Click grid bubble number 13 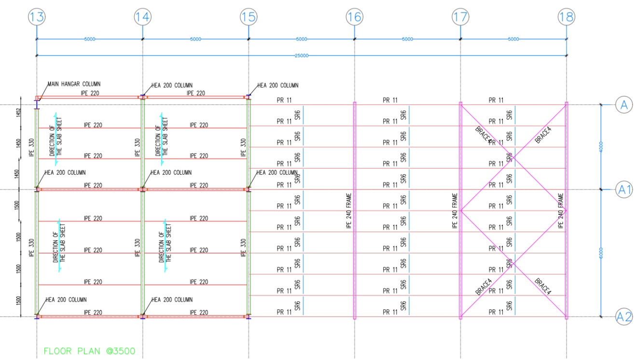coord(37,17)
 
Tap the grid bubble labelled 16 coord(354,17)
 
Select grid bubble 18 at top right coord(566,17)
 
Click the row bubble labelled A coord(623,105)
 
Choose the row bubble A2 coord(624,317)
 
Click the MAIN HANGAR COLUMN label coord(74,84)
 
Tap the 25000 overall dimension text coord(302,55)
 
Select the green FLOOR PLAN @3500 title coord(89,351)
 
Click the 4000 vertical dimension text coord(601,147)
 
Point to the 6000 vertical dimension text coord(601,253)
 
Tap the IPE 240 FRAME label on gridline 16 coord(349,211)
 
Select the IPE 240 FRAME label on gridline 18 coord(561,211)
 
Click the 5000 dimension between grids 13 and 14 coord(89,39)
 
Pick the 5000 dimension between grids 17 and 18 coord(513,39)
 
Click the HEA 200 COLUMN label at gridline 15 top coord(277,85)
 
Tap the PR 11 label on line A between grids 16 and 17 coord(390,100)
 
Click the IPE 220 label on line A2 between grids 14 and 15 coord(199,313)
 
